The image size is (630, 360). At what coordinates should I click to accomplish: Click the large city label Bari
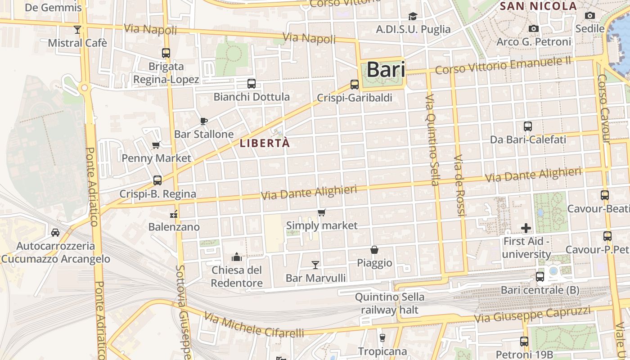386,70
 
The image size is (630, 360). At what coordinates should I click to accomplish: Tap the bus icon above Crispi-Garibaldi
355,84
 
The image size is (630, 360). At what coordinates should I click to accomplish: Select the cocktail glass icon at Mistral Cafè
77,30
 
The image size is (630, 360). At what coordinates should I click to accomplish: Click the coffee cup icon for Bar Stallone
204,121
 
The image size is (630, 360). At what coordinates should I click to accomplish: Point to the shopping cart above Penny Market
156,145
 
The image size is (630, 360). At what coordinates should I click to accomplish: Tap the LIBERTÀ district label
265,144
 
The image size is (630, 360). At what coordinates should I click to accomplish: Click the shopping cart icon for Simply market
321,212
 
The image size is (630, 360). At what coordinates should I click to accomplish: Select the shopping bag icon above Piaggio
374,249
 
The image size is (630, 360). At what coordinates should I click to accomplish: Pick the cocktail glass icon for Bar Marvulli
315,265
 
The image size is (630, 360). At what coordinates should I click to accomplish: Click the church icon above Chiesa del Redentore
237,257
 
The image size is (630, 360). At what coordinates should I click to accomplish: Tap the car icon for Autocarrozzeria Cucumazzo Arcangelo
55,232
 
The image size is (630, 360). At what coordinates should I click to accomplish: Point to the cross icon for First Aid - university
526,228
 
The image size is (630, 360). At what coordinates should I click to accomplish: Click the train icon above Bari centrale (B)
540,276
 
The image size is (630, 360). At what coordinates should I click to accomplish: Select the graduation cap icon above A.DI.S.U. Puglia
413,17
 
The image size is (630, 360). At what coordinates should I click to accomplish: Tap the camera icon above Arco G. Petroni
534,29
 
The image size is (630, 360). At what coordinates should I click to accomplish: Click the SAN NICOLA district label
538,6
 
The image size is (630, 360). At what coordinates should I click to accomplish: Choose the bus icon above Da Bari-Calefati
528,126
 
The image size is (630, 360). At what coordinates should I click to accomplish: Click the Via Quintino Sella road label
432,140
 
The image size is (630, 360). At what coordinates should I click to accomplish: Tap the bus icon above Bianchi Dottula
251,83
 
